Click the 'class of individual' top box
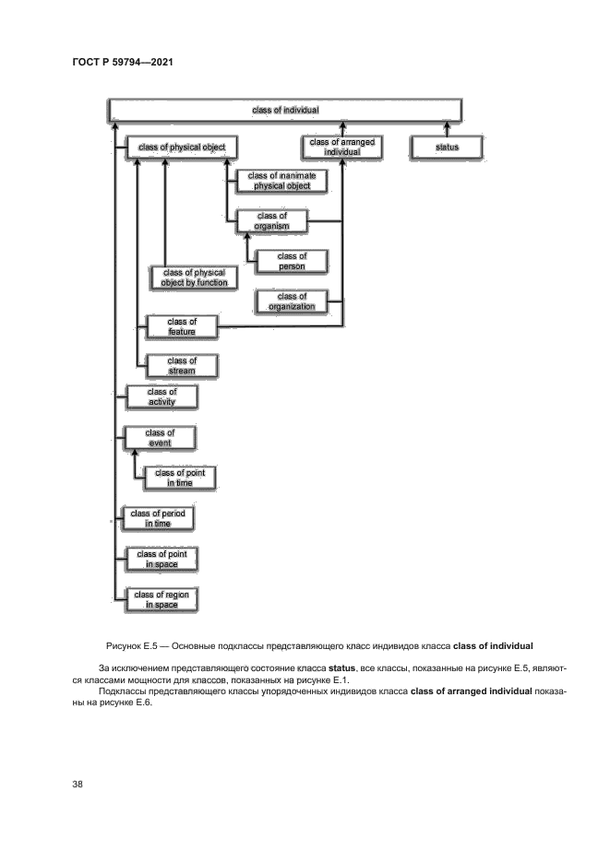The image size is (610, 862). [x=285, y=110]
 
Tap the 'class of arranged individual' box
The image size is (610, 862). [x=342, y=147]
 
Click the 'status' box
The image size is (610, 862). [x=447, y=147]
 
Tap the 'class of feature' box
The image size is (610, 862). [x=182, y=326]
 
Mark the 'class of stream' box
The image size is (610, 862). [x=182, y=366]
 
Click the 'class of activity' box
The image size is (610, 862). [x=161, y=397]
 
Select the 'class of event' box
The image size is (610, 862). [x=160, y=437]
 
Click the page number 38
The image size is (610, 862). [x=78, y=785]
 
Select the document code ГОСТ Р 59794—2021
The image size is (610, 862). [x=123, y=63]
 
